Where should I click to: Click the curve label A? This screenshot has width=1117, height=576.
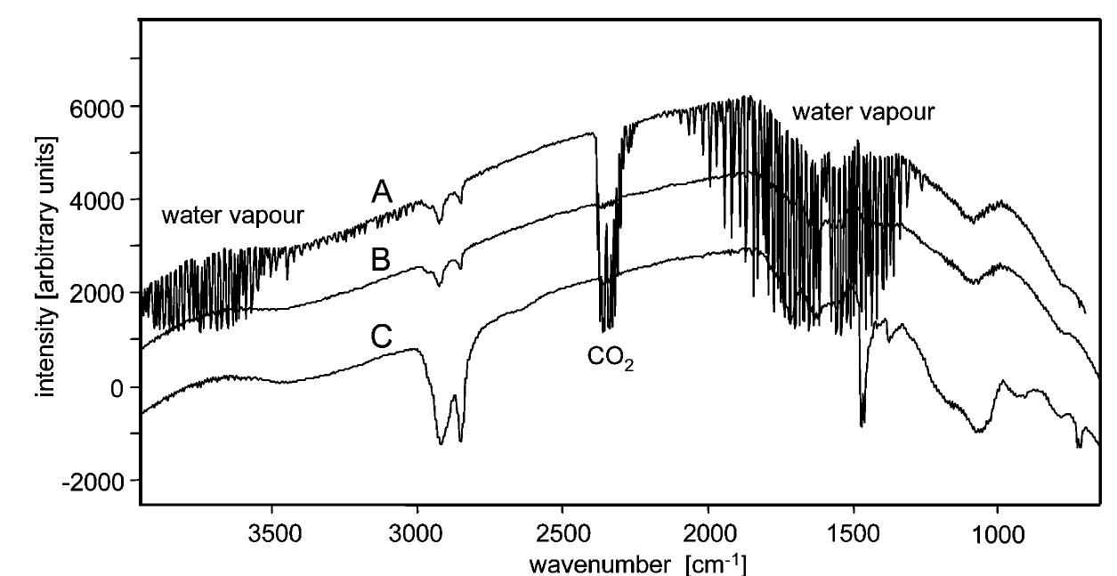coord(382,191)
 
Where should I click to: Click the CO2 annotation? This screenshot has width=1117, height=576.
coord(611,359)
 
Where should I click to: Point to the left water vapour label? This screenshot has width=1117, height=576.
coord(233,215)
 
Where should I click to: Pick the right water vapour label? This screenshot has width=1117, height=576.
coord(863,113)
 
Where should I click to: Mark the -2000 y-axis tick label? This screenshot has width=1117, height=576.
coord(93,481)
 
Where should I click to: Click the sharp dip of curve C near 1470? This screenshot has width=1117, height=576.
coord(862,425)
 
